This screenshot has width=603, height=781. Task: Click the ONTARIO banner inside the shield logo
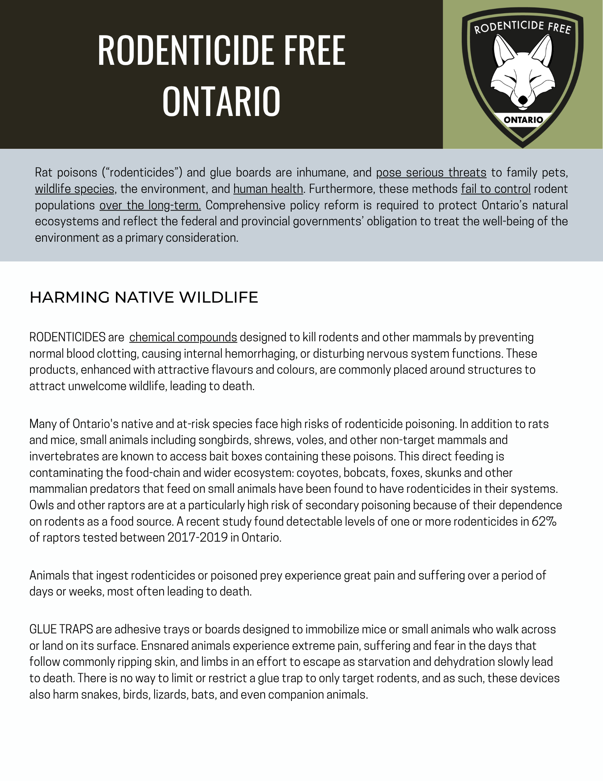point(523,120)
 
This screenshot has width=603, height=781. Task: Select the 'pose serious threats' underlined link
point(431,172)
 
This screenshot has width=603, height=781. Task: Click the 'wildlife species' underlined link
point(75,189)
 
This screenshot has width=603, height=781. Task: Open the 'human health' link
point(268,189)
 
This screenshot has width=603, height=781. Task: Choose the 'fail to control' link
point(496,189)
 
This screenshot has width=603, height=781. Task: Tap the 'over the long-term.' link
point(150,205)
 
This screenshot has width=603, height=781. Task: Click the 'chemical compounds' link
point(183,337)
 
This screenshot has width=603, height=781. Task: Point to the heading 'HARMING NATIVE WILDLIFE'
point(144,297)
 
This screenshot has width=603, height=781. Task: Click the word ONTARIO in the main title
point(221,101)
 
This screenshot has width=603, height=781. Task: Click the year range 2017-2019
point(197,537)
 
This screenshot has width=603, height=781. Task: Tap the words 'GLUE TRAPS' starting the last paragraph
point(61,629)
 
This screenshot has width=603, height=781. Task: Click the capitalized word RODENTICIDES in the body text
point(67,337)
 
